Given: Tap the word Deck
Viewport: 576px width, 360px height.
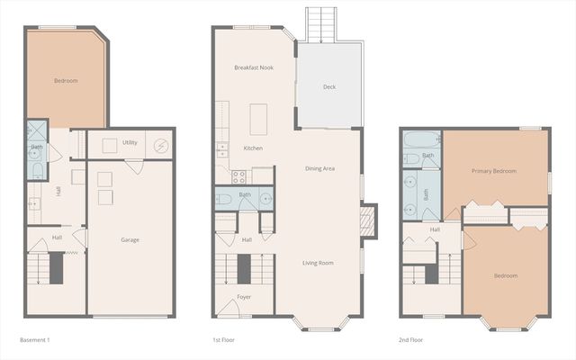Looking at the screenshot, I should pyautogui.click(x=329, y=87).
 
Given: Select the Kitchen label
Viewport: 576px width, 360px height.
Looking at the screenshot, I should pyautogui.click(x=253, y=148).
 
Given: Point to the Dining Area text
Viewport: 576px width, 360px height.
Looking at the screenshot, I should pyautogui.click(x=319, y=168).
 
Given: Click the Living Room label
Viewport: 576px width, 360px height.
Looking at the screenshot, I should pyautogui.click(x=318, y=263).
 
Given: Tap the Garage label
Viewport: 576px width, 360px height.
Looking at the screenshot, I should pyautogui.click(x=130, y=240).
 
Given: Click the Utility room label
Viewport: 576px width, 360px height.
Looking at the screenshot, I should pyautogui.click(x=130, y=143).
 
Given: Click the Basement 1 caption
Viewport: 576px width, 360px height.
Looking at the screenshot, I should pyautogui.click(x=35, y=340).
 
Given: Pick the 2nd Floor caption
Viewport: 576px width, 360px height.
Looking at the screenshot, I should pyautogui.click(x=410, y=340).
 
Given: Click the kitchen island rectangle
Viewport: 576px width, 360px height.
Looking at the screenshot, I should pyautogui.click(x=260, y=118).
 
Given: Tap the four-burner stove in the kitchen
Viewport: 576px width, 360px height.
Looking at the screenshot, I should pyautogui.click(x=239, y=176).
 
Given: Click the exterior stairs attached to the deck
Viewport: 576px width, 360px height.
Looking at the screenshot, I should pyautogui.click(x=319, y=24).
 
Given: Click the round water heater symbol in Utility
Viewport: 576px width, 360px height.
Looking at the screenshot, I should pyautogui.click(x=161, y=145).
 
